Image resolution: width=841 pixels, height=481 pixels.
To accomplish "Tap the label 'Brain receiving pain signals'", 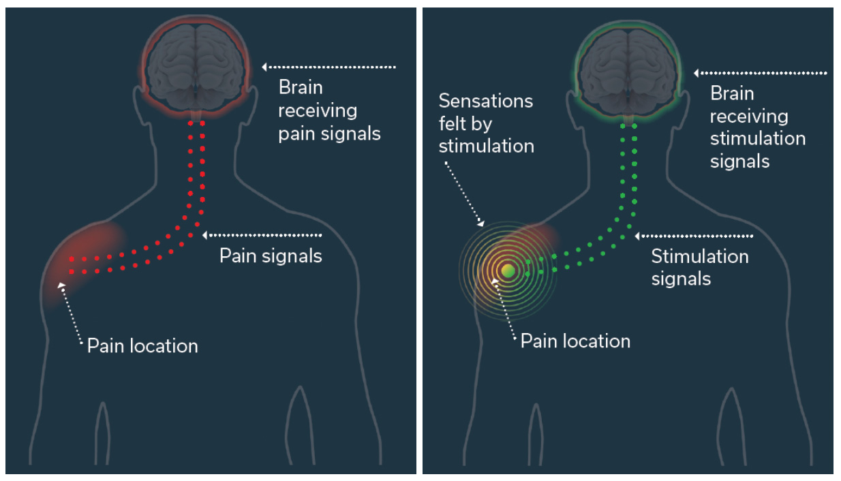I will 329,110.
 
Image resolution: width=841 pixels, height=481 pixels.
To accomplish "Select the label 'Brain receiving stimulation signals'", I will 757,127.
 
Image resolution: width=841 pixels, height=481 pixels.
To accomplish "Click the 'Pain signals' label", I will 271,256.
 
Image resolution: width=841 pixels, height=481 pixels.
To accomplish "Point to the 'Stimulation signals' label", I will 700,267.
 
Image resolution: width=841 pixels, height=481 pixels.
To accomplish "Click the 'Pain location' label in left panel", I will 142,345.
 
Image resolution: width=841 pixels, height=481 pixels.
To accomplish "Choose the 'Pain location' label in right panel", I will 575,341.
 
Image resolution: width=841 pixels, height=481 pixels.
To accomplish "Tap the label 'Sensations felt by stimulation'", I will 486,123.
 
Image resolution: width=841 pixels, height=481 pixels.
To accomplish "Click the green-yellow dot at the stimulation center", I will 508,270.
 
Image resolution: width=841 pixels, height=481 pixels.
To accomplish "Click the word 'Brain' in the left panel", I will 301,87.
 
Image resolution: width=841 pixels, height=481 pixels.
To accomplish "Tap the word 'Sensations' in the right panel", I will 485,101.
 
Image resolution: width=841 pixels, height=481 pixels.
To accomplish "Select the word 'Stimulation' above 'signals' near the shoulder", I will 700,256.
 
